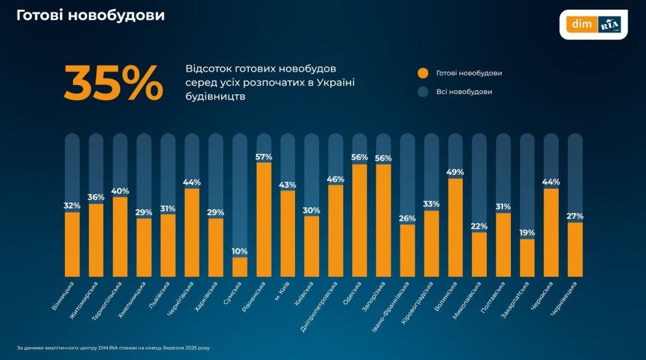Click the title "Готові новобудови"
91,15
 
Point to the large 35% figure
113,83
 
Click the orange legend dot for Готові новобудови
423,73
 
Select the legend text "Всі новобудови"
464,92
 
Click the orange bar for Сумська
240,267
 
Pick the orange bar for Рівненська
264,220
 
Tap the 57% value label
264,157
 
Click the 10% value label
240,251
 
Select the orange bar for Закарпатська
527,258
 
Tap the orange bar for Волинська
456,227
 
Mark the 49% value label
456,172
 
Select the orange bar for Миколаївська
479,255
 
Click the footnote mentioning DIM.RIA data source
113,348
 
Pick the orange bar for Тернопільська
120,237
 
